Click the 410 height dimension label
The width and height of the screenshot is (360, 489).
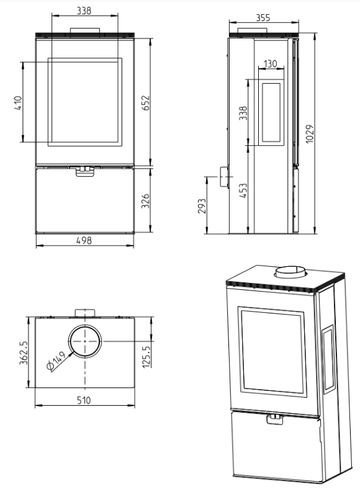pyautogui.click(x=19, y=103)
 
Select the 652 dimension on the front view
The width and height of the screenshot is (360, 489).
pyautogui.click(x=146, y=103)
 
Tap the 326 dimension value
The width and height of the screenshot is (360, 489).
pyautogui.click(x=145, y=201)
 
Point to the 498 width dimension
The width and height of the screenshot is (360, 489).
pyautogui.click(x=84, y=240)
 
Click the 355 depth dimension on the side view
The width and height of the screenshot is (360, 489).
pyautogui.click(x=263, y=18)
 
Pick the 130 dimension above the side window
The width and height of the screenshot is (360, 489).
pyautogui.click(x=270, y=64)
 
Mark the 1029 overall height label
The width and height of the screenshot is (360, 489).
pyautogui.click(x=309, y=134)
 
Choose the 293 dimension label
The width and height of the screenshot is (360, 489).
pyautogui.click(x=202, y=206)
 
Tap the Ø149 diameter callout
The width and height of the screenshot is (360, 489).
pyautogui.click(x=56, y=361)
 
